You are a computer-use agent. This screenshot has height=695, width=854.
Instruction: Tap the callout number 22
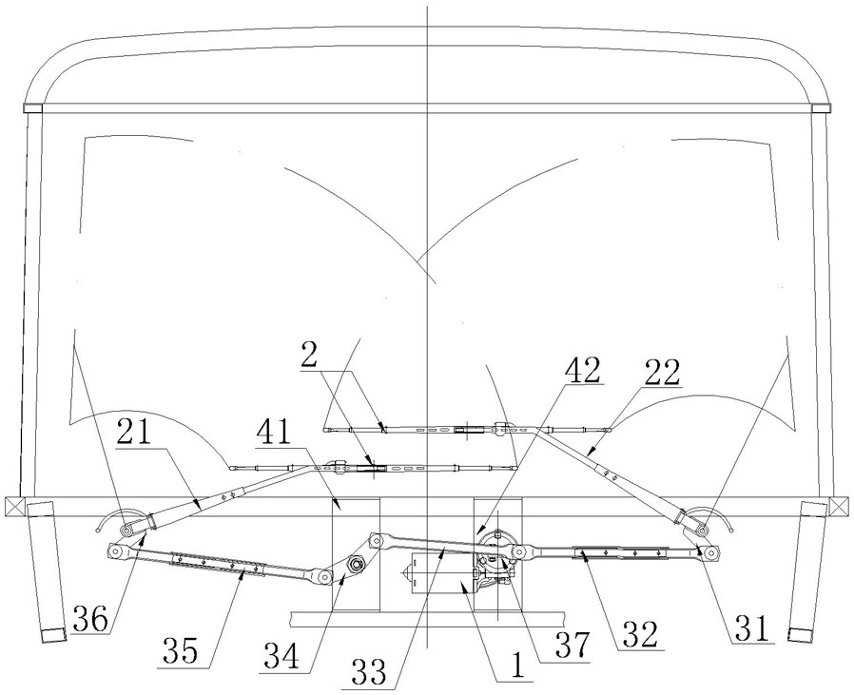pos(662,374)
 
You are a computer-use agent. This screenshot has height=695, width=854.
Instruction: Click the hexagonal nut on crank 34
pos(356,564)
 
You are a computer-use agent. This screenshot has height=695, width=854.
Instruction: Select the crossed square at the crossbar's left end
pos(13,505)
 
